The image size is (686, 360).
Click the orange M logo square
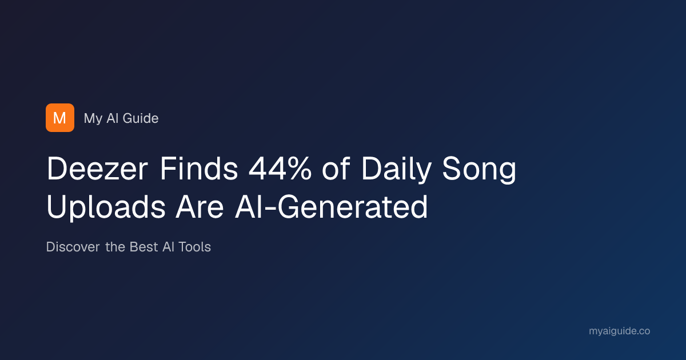[60, 118]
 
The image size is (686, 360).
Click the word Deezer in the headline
[97, 169]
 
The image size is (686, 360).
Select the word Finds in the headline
[199, 169]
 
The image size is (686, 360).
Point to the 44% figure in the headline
[280, 169]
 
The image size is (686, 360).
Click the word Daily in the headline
[397, 170]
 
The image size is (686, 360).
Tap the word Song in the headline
[479, 170]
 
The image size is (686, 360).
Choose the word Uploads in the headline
[106, 208]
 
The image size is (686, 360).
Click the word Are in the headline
[200, 207]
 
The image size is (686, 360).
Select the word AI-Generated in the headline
[332, 207]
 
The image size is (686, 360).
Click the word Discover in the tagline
[73, 247]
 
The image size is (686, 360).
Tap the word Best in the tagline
[143, 247]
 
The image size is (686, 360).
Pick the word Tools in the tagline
[195, 247]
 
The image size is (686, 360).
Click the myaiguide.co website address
[619, 331]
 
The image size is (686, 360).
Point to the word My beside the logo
[93, 119]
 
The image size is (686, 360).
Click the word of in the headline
[336, 169]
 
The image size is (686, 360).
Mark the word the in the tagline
[115, 247]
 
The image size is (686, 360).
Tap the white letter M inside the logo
[59, 118]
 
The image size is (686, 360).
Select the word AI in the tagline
[168, 247]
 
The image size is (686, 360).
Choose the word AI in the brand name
[113, 118]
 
